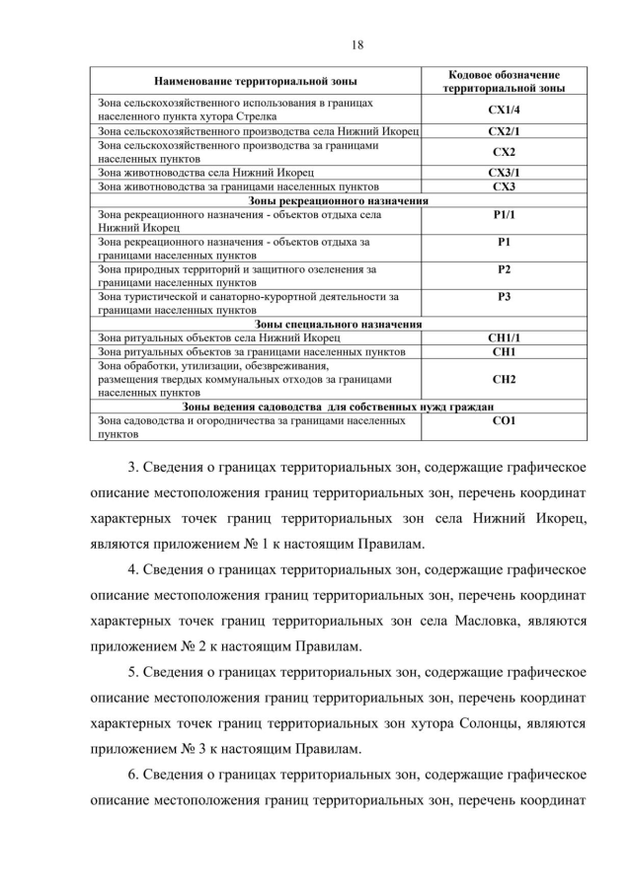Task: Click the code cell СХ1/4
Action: [504, 109]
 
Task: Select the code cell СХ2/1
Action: [504, 130]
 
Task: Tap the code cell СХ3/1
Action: [504, 173]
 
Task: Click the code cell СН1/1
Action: [504, 336]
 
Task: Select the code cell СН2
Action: [504, 378]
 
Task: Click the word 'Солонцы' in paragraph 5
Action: [482, 722]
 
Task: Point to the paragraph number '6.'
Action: [136, 773]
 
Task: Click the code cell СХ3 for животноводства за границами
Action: [504, 186]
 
